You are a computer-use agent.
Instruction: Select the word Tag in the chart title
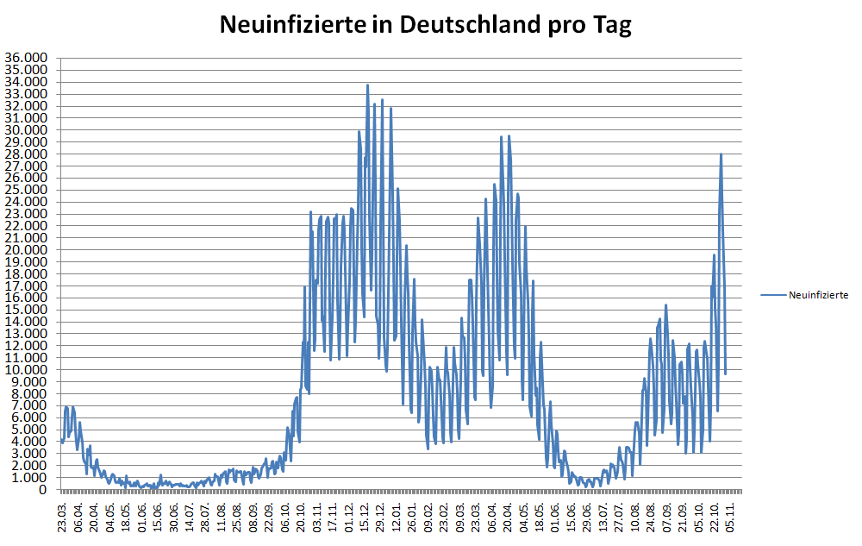(x=610, y=24)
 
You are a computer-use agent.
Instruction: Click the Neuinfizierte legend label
(x=819, y=295)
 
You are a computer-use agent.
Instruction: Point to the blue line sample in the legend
(x=774, y=295)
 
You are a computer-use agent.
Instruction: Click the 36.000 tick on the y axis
(x=27, y=59)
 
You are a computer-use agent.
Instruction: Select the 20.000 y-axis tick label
(x=27, y=250)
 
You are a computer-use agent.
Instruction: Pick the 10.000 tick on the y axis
(x=27, y=370)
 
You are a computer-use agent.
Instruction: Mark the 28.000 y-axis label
(x=27, y=154)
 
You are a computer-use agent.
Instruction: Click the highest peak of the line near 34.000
(x=367, y=85)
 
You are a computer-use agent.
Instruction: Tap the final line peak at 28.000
(x=721, y=154)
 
